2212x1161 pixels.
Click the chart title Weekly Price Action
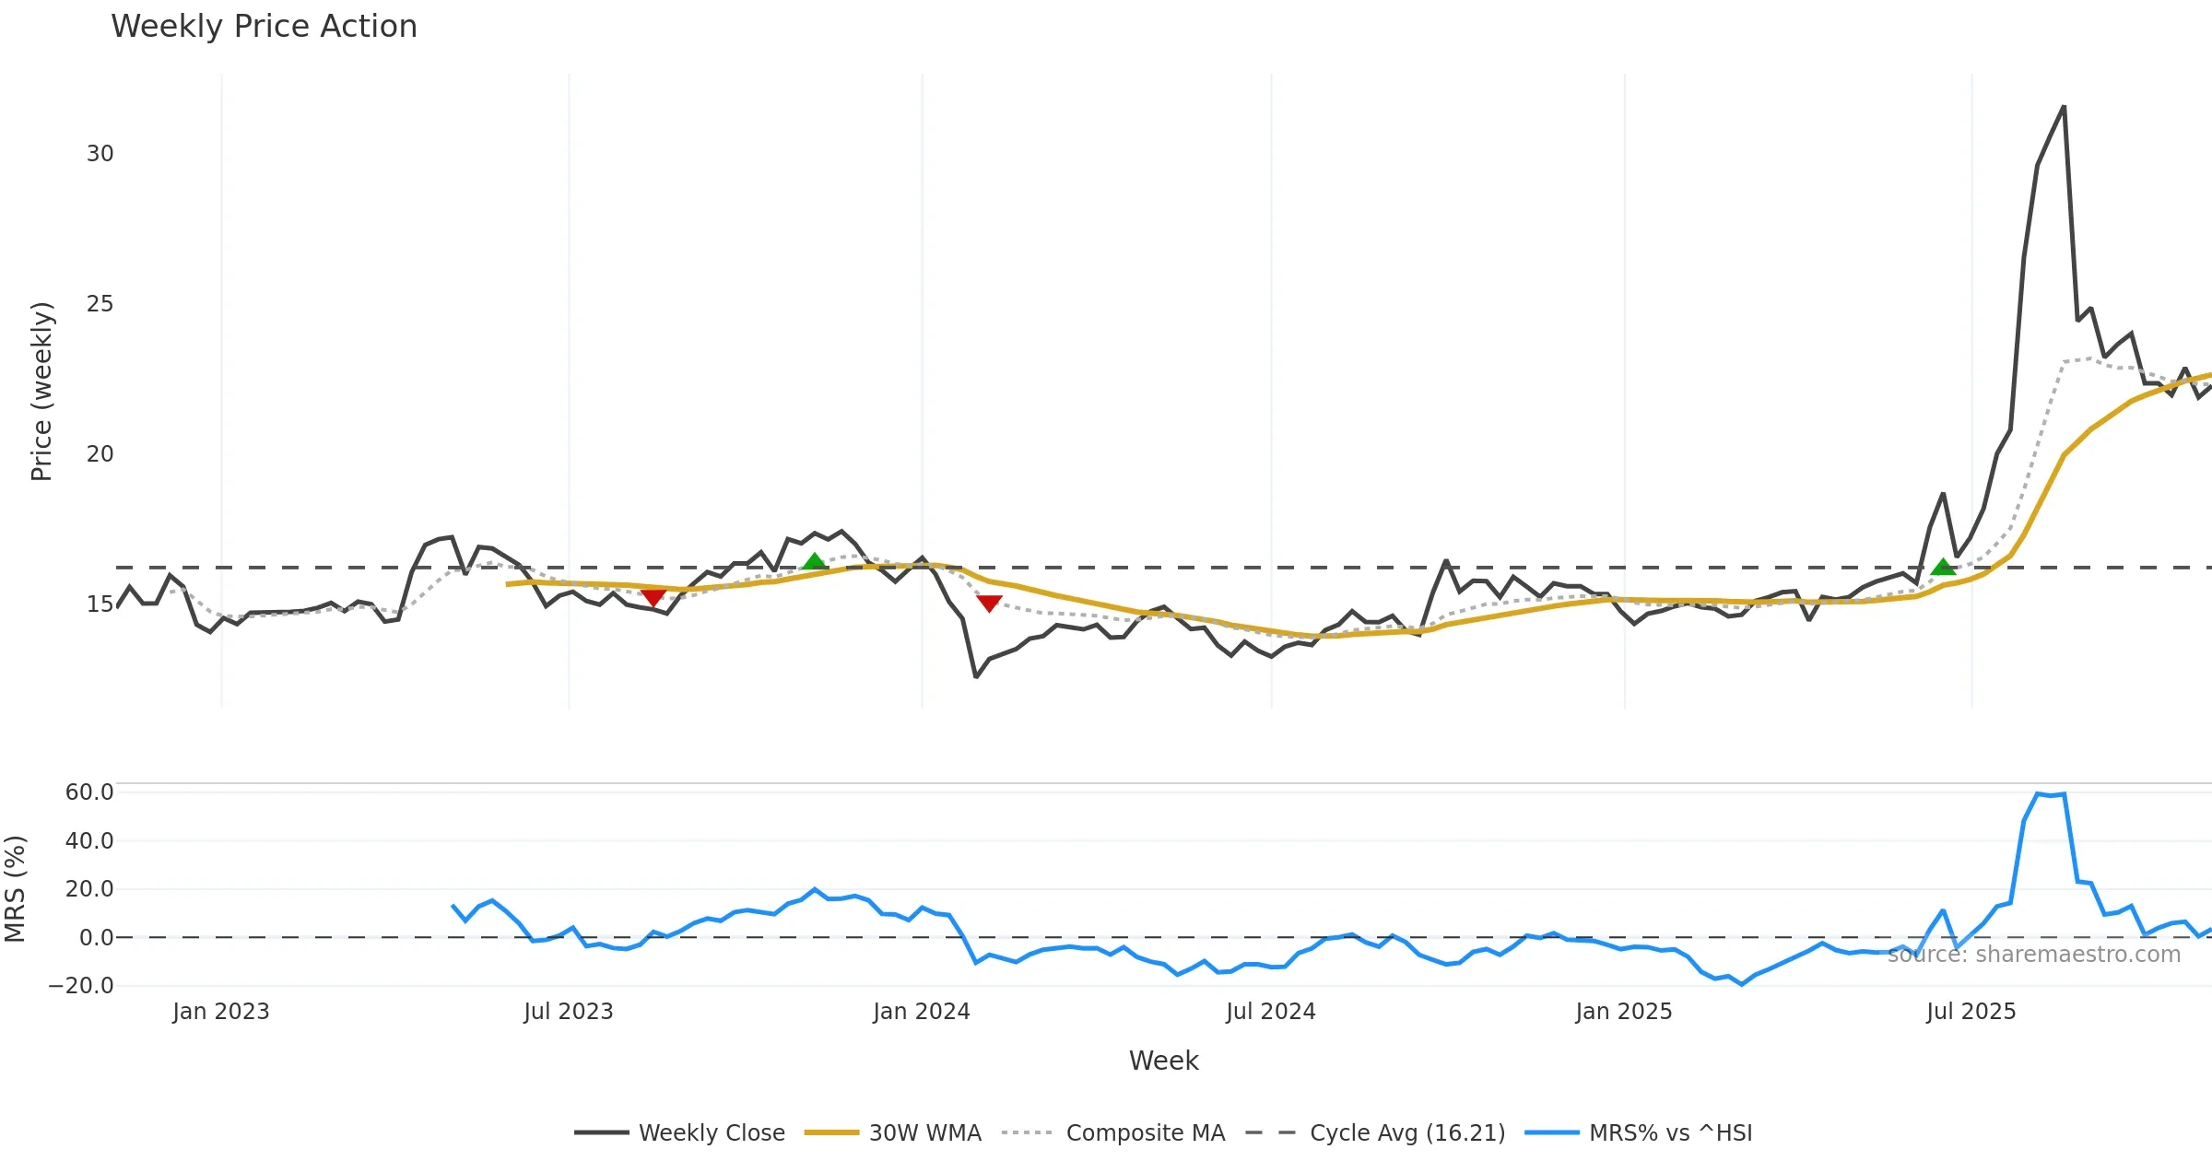(264, 27)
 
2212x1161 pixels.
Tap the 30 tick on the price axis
(100, 154)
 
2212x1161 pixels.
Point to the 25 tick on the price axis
(100, 304)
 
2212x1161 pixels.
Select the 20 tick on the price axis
(100, 454)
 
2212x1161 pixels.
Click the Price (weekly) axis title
(41, 392)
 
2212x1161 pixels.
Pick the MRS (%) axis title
(16, 888)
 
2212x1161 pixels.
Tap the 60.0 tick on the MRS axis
(89, 792)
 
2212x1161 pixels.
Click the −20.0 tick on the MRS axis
(81, 986)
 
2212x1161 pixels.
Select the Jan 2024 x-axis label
(921, 1012)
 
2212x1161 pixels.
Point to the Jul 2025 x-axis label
(1971, 1012)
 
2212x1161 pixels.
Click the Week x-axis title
(1163, 1061)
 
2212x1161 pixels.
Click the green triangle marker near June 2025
(1943, 567)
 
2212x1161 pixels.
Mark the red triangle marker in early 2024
(989, 604)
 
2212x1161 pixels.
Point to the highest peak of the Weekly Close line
(2064, 107)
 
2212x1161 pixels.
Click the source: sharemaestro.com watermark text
(2033, 955)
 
